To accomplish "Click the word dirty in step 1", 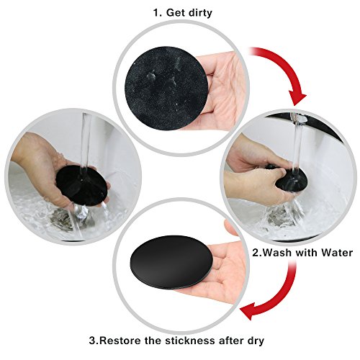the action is click(200, 13).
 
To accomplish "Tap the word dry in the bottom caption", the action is click(255, 341).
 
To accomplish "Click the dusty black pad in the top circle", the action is click(166, 89).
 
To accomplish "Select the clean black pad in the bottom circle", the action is click(171, 263).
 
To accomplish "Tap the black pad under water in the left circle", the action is click(81, 185).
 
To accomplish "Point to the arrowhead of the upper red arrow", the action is click(297, 98).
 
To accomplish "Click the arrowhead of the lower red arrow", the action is click(248, 310).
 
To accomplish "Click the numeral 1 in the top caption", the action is click(157, 12).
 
